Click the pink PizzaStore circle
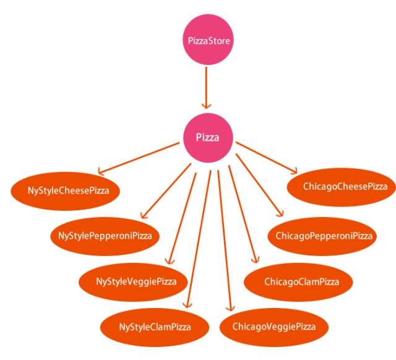[x=209, y=41]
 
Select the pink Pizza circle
[x=208, y=137]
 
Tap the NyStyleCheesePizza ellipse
[x=68, y=191]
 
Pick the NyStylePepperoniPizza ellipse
[x=105, y=236]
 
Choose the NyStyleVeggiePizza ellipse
[x=136, y=281]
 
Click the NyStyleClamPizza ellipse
[x=155, y=326]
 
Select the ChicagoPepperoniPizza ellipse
[x=324, y=236]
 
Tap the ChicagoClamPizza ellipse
[x=301, y=281]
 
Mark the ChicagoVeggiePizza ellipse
[x=273, y=326]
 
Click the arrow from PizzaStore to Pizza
[x=209, y=87]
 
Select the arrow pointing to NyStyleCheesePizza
[x=139, y=157]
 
